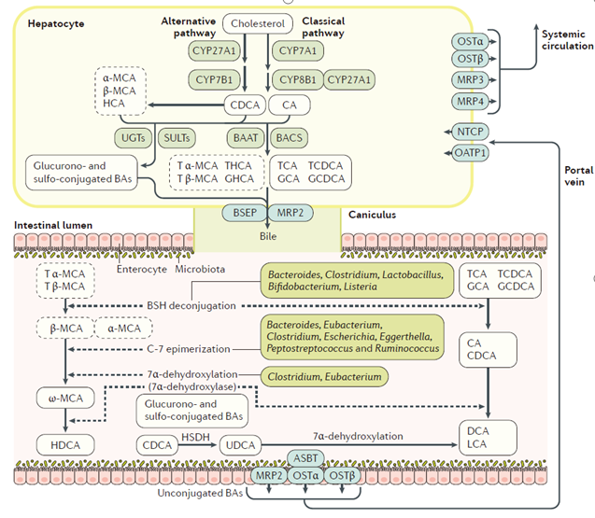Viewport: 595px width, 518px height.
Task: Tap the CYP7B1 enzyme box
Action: point(217,81)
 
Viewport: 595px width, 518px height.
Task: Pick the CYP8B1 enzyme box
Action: point(296,81)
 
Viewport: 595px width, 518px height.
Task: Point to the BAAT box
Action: point(243,138)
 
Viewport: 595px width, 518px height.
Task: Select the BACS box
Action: point(290,138)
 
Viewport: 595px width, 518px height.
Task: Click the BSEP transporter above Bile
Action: point(243,212)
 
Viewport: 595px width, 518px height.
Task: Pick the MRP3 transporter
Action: point(467,80)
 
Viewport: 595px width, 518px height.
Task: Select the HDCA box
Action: point(63,443)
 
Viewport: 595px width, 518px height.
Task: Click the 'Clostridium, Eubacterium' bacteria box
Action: point(323,377)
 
